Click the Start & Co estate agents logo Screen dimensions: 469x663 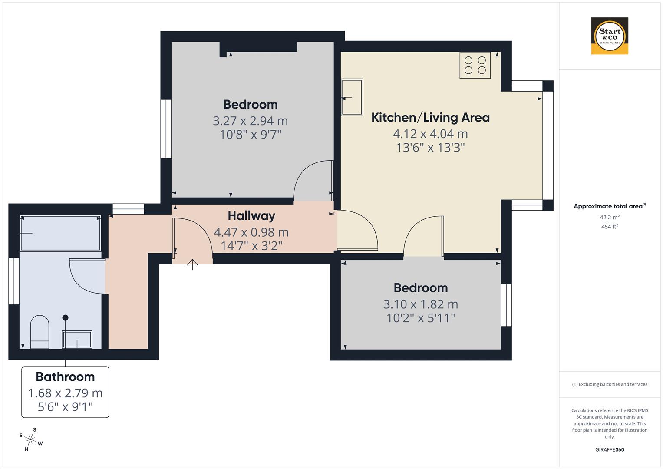click(610, 36)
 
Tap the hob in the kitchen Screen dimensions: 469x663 click(475, 65)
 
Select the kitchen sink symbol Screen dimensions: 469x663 click(352, 97)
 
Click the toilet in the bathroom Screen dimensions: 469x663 click(40, 332)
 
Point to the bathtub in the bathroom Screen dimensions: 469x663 click(60, 233)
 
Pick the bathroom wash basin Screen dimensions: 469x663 click(77, 339)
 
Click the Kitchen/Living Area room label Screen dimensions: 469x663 click(430, 118)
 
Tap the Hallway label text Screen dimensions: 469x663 click(251, 216)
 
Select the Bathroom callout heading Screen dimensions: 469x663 click(65, 377)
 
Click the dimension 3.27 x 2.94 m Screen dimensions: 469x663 click(250, 121)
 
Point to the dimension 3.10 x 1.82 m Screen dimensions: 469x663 click(420, 304)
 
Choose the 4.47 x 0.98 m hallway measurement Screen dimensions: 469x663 click(251, 232)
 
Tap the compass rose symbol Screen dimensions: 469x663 click(30, 439)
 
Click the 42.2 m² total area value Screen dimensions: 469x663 click(609, 217)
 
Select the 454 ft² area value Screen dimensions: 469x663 click(609, 226)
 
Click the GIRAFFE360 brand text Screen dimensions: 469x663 click(609, 449)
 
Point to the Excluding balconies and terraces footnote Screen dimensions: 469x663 click(609, 384)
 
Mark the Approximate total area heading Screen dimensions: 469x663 click(609, 206)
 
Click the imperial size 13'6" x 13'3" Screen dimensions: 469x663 click(430, 148)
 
